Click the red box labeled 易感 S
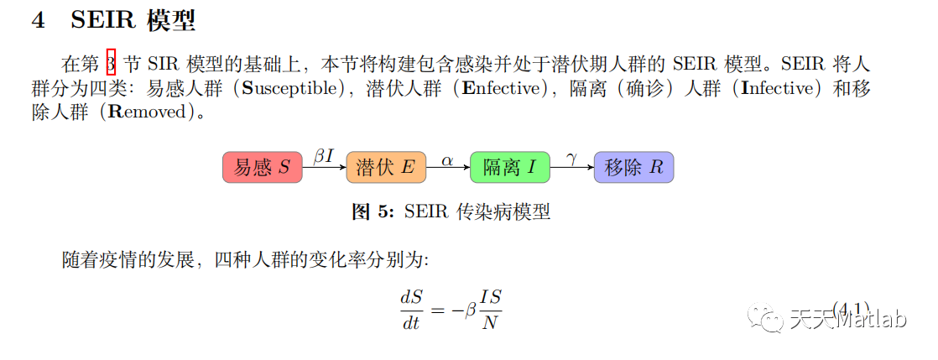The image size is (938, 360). click(x=262, y=168)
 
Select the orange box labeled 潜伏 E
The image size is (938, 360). click(x=386, y=168)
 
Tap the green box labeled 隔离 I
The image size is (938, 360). click(x=510, y=168)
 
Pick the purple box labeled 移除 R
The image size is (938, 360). click(x=633, y=168)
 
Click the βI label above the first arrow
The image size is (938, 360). click(x=323, y=156)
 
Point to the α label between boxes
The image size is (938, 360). click(x=447, y=159)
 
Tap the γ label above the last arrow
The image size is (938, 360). click(x=571, y=158)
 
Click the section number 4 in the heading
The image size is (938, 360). click(x=38, y=21)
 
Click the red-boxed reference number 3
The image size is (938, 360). click(x=112, y=63)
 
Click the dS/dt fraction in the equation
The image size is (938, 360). click(x=411, y=310)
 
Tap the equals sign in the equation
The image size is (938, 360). click(x=435, y=310)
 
